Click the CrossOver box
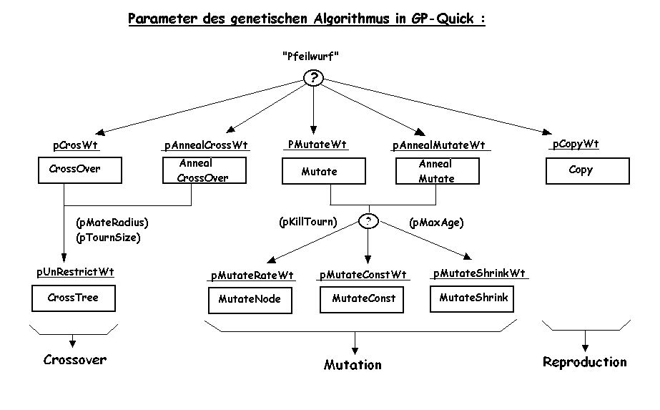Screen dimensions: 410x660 (x=79, y=170)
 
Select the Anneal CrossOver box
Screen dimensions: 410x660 (x=204, y=171)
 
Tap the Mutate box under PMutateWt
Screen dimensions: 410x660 (x=324, y=172)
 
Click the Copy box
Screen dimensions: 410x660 (x=588, y=171)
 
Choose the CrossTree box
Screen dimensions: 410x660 (x=72, y=298)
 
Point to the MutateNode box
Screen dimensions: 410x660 (x=250, y=301)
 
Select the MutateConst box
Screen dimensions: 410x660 (x=363, y=299)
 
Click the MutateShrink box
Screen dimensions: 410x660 (x=473, y=298)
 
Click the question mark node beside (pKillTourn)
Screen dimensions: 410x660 (x=368, y=222)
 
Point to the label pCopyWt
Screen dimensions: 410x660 (x=576, y=145)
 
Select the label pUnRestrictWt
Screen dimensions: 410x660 (x=75, y=273)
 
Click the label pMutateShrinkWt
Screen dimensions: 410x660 (x=479, y=274)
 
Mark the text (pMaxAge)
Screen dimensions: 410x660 (x=436, y=223)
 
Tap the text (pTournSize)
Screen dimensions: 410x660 (x=107, y=238)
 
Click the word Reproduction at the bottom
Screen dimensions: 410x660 (x=584, y=362)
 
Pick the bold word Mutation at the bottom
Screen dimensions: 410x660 (x=353, y=365)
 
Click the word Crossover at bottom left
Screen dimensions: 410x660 (x=75, y=360)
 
